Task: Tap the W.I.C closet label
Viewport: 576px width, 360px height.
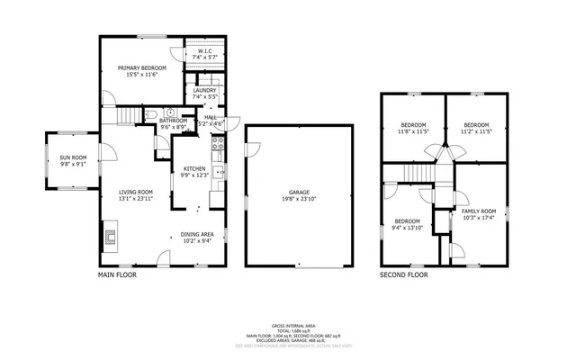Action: click(x=204, y=51)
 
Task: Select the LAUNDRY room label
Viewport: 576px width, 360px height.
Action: click(x=204, y=91)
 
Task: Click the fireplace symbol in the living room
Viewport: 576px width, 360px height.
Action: click(x=110, y=238)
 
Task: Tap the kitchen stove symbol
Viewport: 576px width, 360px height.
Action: click(x=216, y=142)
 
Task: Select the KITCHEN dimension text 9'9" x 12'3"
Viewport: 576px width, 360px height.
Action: click(x=195, y=175)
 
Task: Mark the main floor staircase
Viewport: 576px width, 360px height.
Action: click(x=131, y=114)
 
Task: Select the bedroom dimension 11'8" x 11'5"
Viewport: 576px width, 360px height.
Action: click(x=413, y=131)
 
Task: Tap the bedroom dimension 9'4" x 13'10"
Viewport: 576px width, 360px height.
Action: click(x=408, y=228)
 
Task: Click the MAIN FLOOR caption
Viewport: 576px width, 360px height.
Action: click(x=117, y=274)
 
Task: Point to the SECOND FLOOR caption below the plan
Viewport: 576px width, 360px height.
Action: click(x=403, y=274)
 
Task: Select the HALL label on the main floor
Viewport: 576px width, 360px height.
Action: click(x=210, y=116)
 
